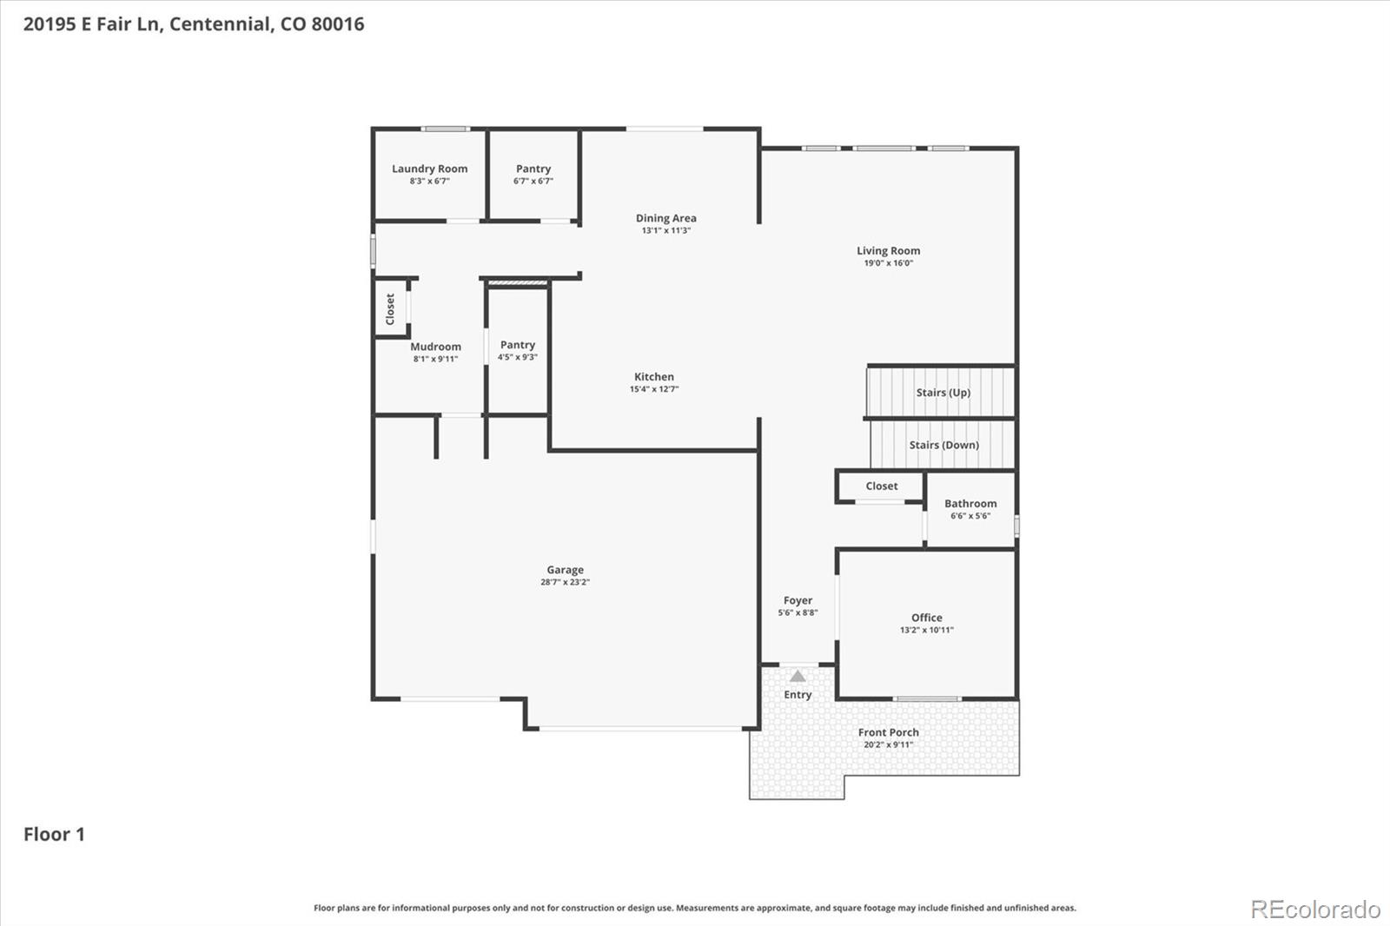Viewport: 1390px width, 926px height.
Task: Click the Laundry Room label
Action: click(x=429, y=169)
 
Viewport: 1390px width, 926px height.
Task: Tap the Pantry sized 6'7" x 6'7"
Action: click(x=533, y=174)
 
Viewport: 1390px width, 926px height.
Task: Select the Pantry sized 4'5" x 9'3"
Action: click(x=517, y=350)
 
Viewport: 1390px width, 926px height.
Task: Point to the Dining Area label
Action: click(x=665, y=218)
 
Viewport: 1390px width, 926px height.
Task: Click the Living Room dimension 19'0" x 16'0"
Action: click(x=888, y=263)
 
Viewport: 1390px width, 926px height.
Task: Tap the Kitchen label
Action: click(x=653, y=376)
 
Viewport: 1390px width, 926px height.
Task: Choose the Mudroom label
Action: click(x=435, y=347)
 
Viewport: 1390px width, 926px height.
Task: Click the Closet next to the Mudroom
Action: click(x=390, y=308)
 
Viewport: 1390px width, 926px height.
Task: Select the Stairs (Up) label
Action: click(x=943, y=393)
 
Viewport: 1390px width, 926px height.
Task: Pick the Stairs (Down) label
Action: click(x=943, y=445)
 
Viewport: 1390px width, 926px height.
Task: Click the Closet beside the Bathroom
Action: click(x=881, y=486)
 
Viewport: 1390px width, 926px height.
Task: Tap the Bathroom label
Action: click(x=970, y=504)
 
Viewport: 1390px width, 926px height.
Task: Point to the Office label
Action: click(x=926, y=618)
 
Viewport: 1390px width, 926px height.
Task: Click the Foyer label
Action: click(x=798, y=600)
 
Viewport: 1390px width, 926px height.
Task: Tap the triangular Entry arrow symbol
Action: click(x=798, y=676)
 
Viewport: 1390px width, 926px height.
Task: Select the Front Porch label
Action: click(x=888, y=732)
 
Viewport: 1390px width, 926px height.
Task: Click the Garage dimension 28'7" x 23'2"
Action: click(x=565, y=582)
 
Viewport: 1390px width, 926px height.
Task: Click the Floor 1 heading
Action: click(x=54, y=834)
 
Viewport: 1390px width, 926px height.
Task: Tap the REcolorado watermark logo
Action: click(x=1314, y=909)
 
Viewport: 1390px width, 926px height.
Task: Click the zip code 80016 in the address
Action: click(x=337, y=24)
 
